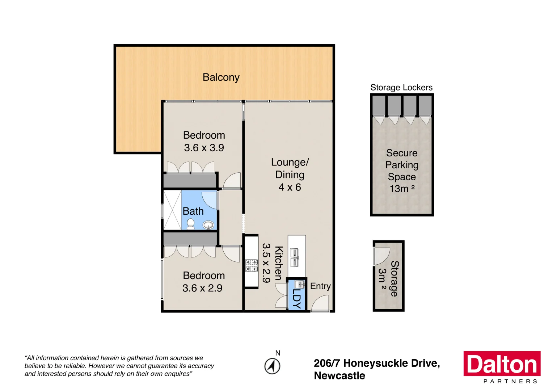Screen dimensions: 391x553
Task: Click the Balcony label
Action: [221, 77]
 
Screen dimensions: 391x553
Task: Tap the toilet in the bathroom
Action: [190, 224]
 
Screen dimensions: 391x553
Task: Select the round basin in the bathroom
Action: [208, 225]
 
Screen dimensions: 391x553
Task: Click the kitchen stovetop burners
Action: [252, 265]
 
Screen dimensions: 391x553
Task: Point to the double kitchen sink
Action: [295, 257]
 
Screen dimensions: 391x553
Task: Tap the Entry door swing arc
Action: [321, 303]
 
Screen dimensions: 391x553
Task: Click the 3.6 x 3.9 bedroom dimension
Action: [204, 148]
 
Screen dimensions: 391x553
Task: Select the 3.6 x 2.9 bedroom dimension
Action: [202, 288]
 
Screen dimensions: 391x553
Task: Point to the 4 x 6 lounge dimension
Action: [290, 187]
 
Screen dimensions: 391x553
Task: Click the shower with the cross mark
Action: [172, 210]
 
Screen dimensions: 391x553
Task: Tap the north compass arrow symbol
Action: [272, 366]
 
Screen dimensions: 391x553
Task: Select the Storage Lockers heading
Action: [401, 88]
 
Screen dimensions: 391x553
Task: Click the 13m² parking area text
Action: [402, 189]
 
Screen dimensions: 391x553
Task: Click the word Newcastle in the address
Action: [339, 376]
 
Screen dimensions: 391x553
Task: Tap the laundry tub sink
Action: [299, 284]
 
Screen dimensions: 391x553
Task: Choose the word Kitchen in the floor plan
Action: [278, 263]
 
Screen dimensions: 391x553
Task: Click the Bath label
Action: [193, 211]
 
